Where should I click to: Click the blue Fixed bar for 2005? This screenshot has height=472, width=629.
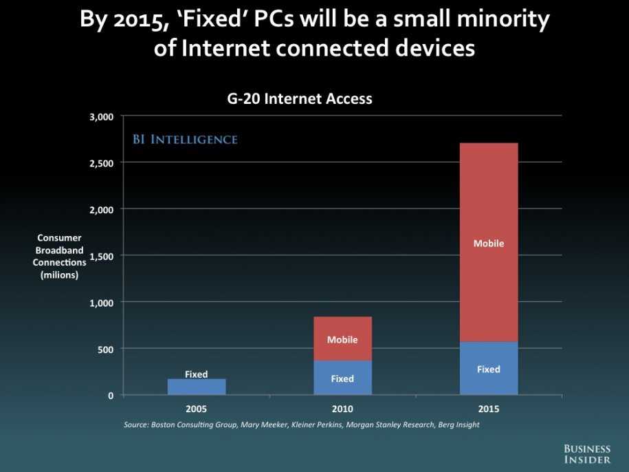pyautogui.click(x=197, y=387)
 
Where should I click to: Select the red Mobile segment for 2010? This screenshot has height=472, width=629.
pyautogui.click(x=342, y=339)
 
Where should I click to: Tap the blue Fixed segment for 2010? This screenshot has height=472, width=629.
pyautogui.click(x=342, y=378)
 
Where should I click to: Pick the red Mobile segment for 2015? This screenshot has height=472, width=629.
pyautogui.click(x=488, y=242)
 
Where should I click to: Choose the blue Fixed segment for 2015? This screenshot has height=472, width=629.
pyautogui.click(x=488, y=369)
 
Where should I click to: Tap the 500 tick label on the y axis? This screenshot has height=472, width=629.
pyautogui.click(x=105, y=349)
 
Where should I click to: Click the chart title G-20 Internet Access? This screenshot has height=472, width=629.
pyautogui.click(x=300, y=98)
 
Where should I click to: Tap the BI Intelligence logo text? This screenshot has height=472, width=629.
pyautogui.click(x=185, y=140)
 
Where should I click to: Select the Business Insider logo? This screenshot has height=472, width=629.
pyautogui.click(x=587, y=454)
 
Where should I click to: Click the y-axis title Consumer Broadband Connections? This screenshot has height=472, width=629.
pyautogui.click(x=60, y=256)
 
